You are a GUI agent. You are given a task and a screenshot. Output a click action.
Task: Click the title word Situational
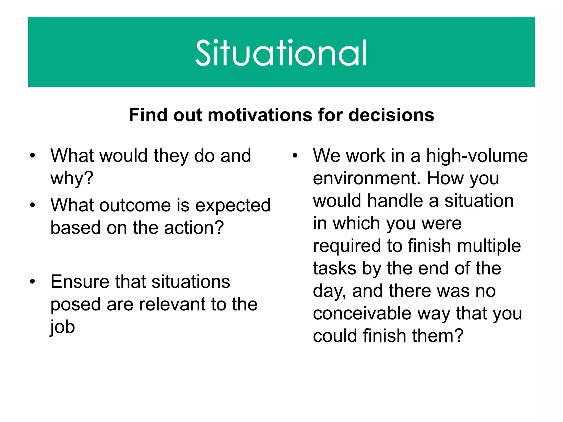[281, 53]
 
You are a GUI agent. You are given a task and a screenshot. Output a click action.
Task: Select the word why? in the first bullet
[72, 179]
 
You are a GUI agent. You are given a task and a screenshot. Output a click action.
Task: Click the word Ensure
[80, 282]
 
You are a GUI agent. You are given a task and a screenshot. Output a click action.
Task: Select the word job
[62, 327]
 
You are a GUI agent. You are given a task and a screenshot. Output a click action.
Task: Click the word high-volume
[477, 156]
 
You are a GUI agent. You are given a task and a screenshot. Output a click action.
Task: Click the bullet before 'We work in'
[295, 156]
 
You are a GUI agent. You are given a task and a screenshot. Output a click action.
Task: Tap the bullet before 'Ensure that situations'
[33, 282]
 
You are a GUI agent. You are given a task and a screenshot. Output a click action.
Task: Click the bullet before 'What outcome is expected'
[33, 205]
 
